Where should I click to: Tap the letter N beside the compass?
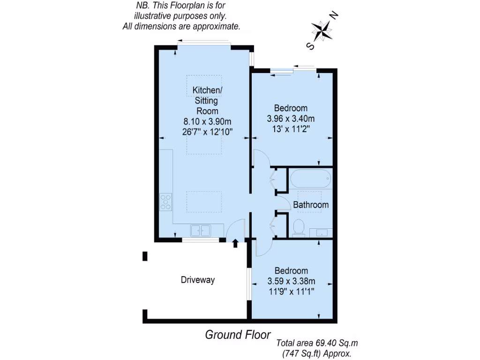click(x=334, y=16)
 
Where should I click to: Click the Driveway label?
click(x=198, y=280)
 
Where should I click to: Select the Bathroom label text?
click(x=311, y=205)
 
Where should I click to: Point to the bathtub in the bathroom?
click(x=310, y=179)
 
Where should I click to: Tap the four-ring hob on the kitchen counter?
click(x=166, y=202)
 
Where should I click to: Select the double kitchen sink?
click(x=200, y=231)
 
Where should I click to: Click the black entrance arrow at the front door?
click(x=235, y=243)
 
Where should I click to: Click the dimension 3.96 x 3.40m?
click(x=291, y=118)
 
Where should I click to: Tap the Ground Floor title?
click(x=238, y=335)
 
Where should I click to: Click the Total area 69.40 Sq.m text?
click(x=317, y=344)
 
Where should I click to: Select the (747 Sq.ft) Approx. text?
click(x=317, y=354)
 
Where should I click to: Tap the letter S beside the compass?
click(x=309, y=45)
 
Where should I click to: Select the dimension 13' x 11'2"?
click(x=291, y=128)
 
